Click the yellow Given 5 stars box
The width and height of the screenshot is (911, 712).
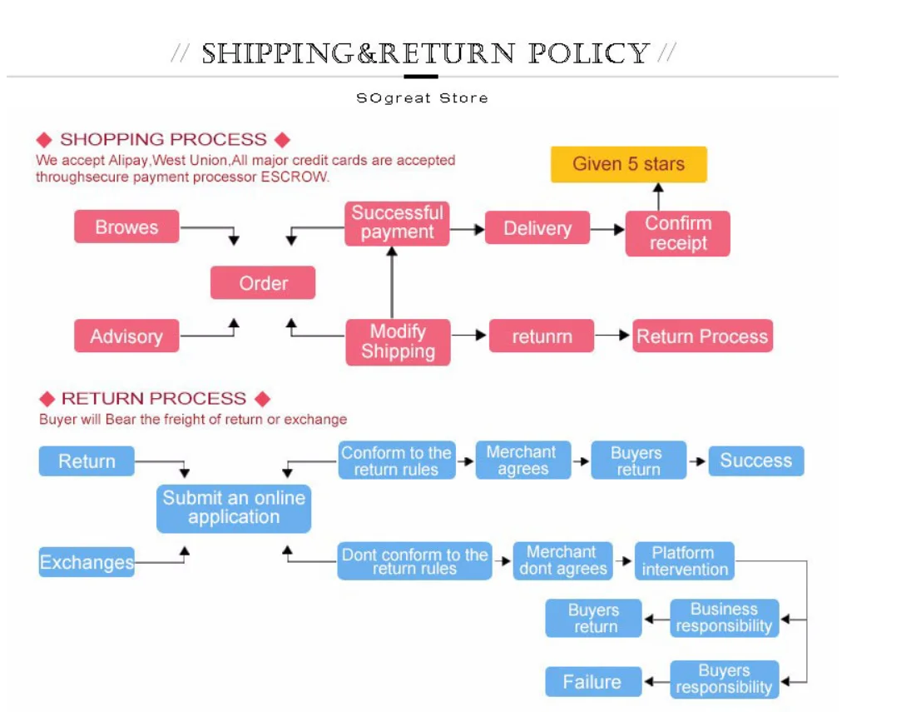628,164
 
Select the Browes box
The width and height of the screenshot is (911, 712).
126,227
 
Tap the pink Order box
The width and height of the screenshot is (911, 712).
263,283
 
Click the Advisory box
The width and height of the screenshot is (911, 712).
126,336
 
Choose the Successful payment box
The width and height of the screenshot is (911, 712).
397,223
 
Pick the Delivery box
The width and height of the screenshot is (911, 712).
537,228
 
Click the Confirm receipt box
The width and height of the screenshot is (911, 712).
677,233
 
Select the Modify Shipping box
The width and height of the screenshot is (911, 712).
398,341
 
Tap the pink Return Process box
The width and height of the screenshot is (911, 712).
702,336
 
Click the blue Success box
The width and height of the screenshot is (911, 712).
755,461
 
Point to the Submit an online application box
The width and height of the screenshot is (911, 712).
234,508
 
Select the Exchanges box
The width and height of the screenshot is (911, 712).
87,562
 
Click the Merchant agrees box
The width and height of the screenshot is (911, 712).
522,461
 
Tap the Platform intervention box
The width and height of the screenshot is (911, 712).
684,561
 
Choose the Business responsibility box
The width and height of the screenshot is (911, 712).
724,618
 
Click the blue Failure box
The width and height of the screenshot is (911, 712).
592,682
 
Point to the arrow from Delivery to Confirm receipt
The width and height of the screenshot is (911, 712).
607,229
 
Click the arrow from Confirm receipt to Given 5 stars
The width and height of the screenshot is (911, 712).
658,197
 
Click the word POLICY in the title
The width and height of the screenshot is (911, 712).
588,53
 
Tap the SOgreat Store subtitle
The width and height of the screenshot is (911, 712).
422,98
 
